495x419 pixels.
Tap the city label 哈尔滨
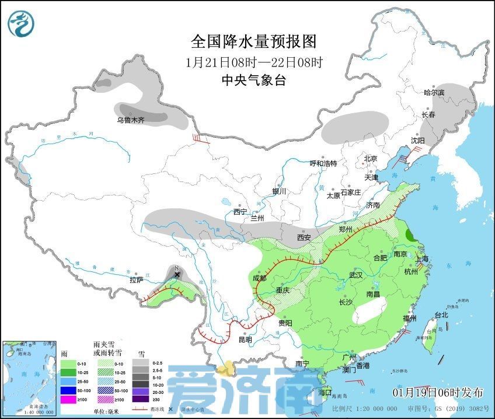[x=434, y=93]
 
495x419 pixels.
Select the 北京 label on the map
[x=371, y=159]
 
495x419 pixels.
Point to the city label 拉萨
[x=137, y=281]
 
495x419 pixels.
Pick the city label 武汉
[x=355, y=275]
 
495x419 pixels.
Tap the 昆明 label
[x=245, y=340]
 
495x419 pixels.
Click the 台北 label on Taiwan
[x=441, y=315]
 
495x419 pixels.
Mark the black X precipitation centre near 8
[x=177, y=274]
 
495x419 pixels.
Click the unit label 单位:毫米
[x=111, y=411]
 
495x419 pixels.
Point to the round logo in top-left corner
[x=21, y=23]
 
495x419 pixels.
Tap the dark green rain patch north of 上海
[x=411, y=236]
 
